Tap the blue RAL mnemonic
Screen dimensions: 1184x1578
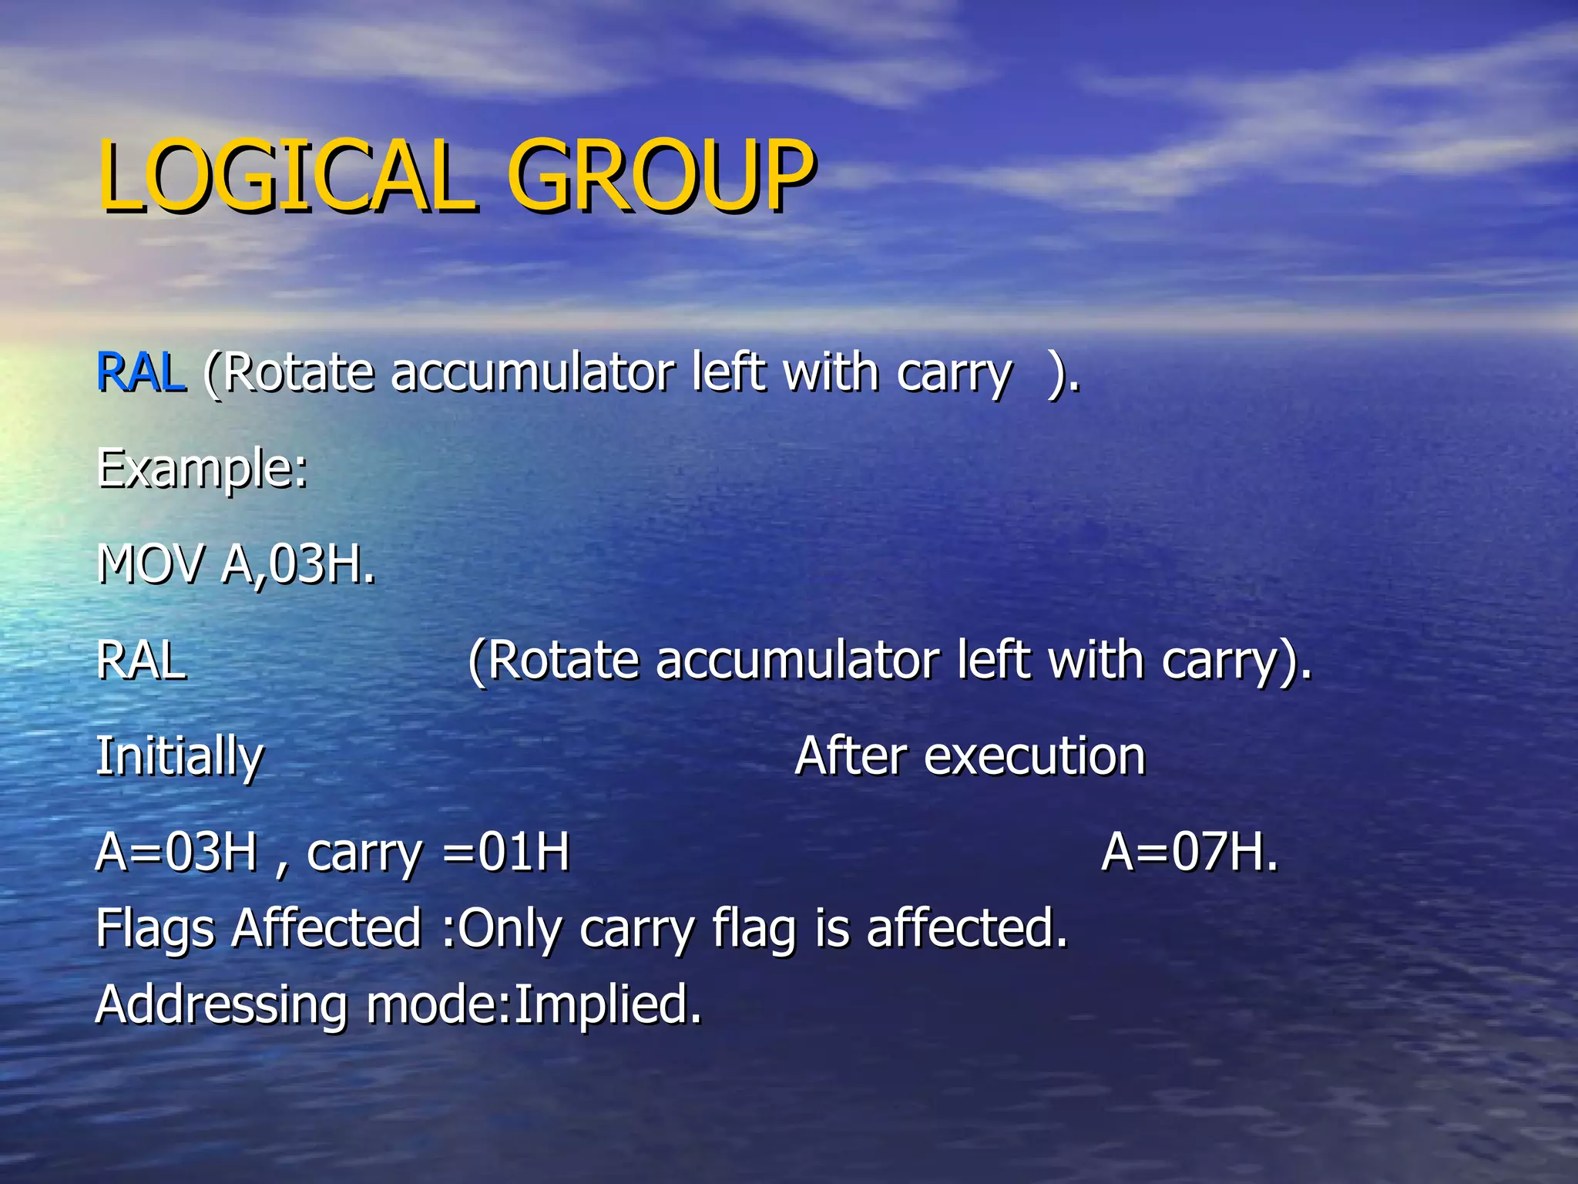pos(141,373)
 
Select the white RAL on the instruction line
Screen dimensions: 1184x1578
pos(141,661)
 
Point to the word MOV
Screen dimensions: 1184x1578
pos(151,564)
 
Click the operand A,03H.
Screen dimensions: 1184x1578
pos(297,564)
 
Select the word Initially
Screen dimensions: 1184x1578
pos(180,757)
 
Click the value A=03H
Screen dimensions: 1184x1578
pos(176,853)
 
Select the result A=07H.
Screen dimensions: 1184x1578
pos(1189,853)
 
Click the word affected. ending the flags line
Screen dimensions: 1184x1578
pos(967,927)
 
